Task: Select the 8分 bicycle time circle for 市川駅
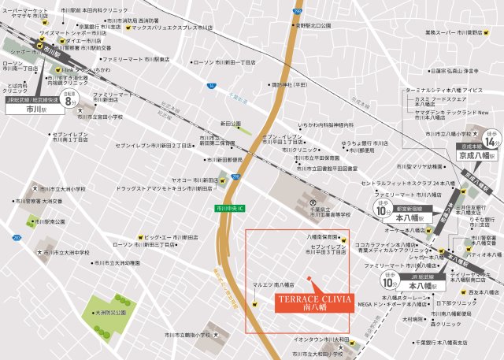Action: coord(69,101)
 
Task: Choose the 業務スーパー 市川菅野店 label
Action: coord(454,32)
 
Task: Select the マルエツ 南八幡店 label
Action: coord(273,284)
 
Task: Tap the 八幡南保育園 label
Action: coord(321,236)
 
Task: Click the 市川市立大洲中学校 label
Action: coord(66,252)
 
